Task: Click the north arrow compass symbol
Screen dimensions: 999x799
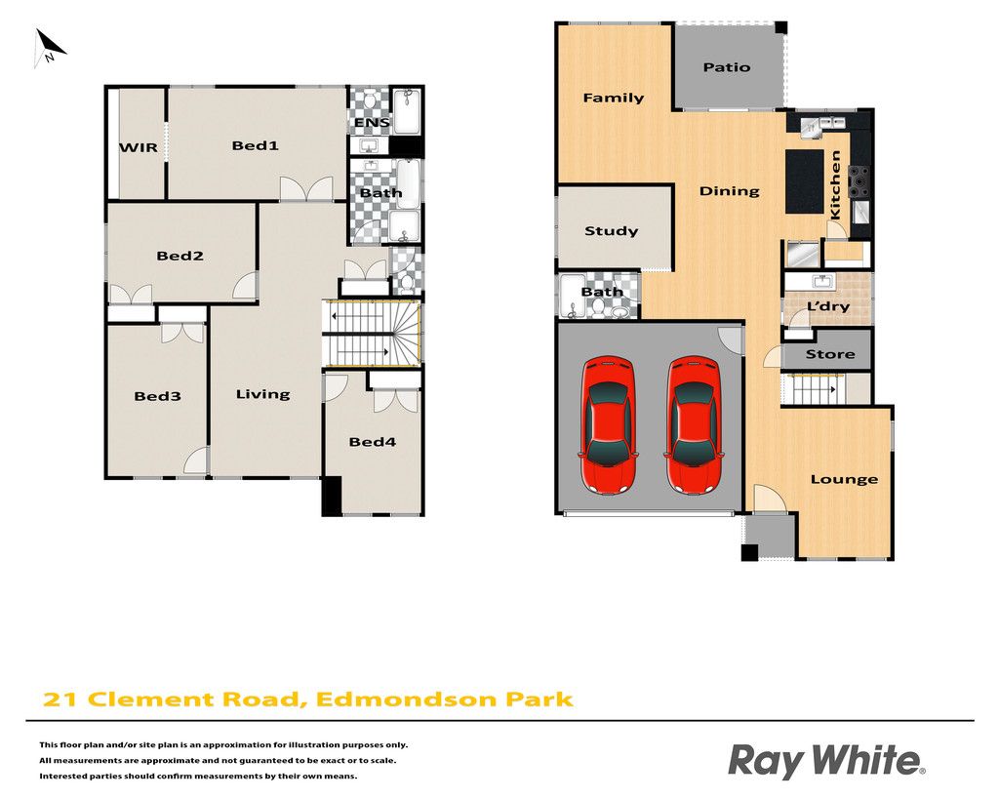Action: click(49, 48)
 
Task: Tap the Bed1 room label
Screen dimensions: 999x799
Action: click(255, 146)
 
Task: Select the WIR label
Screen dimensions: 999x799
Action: click(139, 148)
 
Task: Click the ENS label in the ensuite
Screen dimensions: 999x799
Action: click(372, 122)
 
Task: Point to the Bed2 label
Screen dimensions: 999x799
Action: click(180, 257)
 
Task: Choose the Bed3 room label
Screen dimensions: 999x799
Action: click(157, 396)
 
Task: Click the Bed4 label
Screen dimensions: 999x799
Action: click(372, 442)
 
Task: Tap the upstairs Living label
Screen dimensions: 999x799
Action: click(262, 395)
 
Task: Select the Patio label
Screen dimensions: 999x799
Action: click(726, 67)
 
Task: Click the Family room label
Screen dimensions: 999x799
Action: click(613, 99)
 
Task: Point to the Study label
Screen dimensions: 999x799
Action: click(611, 231)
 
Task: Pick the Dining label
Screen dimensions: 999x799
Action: click(729, 191)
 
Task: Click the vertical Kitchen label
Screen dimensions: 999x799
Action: click(835, 184)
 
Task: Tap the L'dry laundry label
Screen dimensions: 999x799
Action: click(827, 306)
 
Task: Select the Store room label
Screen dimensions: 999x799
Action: click(829, 354)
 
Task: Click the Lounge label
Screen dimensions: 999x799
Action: click(844, 480)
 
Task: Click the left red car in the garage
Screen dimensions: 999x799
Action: click(608, 424)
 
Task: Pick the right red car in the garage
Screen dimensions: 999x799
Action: click(694, 424)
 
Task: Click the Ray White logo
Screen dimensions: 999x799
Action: click(826, 761)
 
